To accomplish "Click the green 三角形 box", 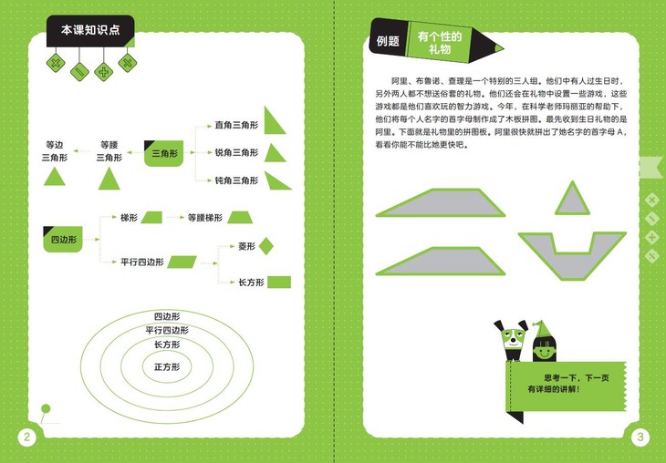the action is [x=165, y=154].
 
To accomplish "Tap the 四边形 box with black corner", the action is [x=60, y=240].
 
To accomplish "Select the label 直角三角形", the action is [x=236, y=125].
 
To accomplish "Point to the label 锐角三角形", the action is [x=236, y=152].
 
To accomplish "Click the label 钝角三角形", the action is [x=236, y=180].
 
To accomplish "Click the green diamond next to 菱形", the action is [x=266, y=246].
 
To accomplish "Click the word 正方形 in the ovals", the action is [x=167, y=366].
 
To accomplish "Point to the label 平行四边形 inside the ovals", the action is [x=167, y=330].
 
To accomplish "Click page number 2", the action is [x=26, y=437].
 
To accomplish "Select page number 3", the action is [x=640, y=437].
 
